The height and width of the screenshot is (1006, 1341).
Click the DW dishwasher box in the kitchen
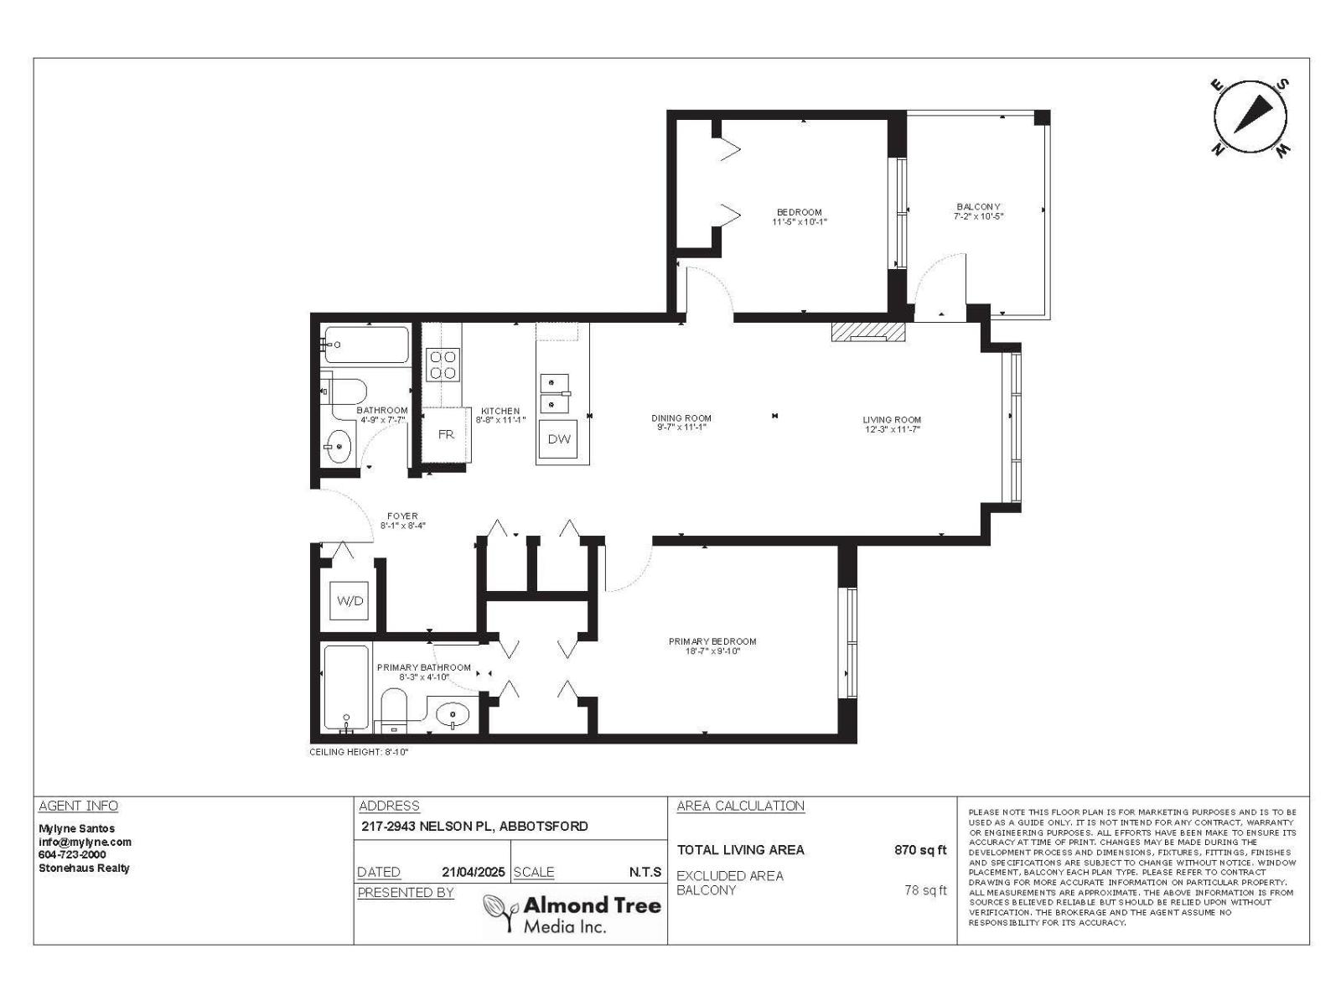pyautogui.click(x=559, y=439)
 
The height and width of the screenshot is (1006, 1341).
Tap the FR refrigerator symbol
pyautogui.click(x=445, y=434)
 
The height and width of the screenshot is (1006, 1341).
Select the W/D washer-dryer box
pyautogui.click(x=350, y=600)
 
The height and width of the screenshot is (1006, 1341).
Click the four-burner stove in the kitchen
pyautogui.click(x=443, y=365)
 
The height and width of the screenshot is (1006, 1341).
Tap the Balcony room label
pyautogui.click(x=978, y=211)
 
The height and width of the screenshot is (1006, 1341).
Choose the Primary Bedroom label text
pyautogui.click(x=712, y=646)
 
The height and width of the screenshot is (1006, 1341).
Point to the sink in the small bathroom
pyautogui.click(x=339, y=446)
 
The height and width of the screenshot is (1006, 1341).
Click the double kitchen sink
pyautogui.click(x=554, y=394)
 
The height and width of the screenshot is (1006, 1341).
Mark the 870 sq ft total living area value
pyautogui.click(x=920, y=850)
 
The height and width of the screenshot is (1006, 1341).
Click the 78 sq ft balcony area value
pyautogui.click(x=925, y=890)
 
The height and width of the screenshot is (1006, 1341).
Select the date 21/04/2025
pyautogui.click(x=474, y=872)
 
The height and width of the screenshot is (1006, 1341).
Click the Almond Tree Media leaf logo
pyautogui.click(x=501, y=913)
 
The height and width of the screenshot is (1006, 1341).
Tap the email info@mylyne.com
pyautogui.click(x=85, y=842)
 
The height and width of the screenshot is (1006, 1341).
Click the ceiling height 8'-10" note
pyautogui.click(x=359, y=752)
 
